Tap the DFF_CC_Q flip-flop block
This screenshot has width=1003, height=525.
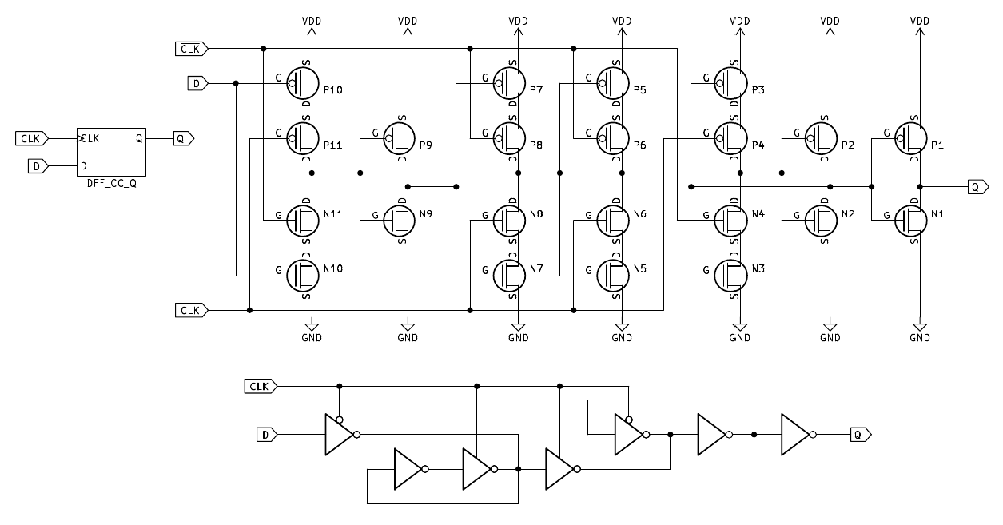click(x=111, y=152)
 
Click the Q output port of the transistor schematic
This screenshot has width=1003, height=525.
click(x=975, y=187)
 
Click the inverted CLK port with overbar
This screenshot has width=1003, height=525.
click(x=192, y=50)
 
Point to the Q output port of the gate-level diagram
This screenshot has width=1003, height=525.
click(x=860, y=435)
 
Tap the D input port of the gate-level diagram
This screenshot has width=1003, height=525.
click(x=266, y=435)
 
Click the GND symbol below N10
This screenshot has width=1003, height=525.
click(x=312, y=328)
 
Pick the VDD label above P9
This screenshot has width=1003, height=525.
click(x=408, y=22)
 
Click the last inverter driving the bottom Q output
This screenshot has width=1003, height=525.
click(x=797, y=435)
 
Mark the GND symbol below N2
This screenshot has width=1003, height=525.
click(x=830, y=328)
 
